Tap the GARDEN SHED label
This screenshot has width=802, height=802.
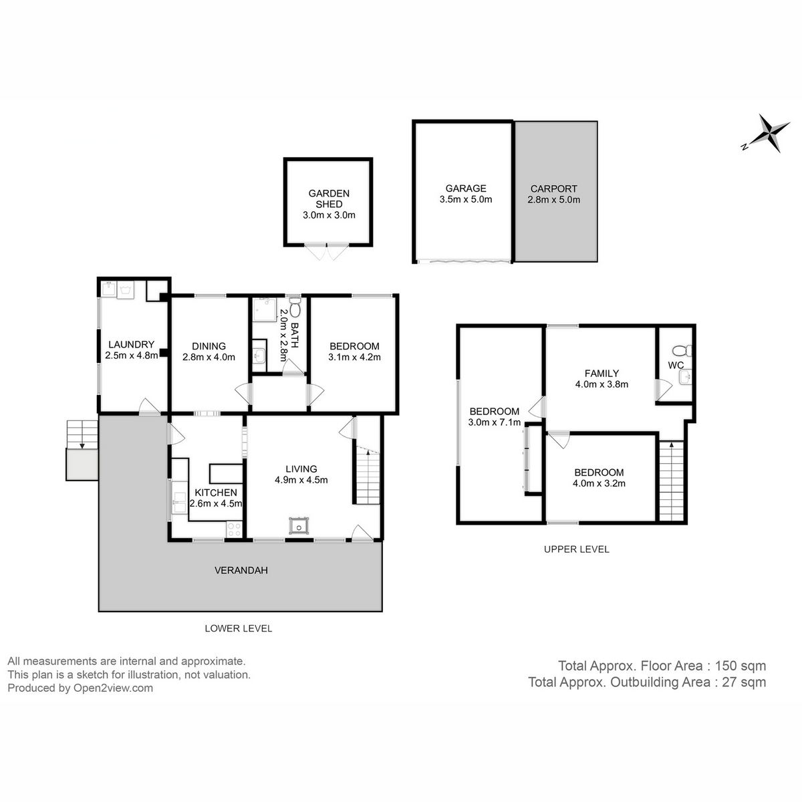click(329, 198)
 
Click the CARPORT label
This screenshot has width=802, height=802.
click(553, 189)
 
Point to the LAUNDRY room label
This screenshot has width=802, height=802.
click(132, 345)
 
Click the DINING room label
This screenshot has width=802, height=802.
click(209, 346)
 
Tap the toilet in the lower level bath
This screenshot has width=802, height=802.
click(295, 311)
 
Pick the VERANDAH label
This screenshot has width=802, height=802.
click(241, 570)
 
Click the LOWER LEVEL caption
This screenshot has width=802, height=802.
click(238, 628)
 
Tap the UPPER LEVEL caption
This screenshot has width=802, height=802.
click(576, 549)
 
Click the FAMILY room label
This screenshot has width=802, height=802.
click(601, 374)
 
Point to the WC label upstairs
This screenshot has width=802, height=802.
click(676, 366)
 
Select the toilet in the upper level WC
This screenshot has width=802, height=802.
click(681, 350)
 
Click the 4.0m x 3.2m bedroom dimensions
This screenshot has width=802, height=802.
click(599, 483)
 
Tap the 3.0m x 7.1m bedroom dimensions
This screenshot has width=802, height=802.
click(495, 422)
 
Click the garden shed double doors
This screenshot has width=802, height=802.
click(327, 253)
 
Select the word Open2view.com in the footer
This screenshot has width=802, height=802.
click(113, 688)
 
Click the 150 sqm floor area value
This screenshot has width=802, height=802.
click(741, 666)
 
